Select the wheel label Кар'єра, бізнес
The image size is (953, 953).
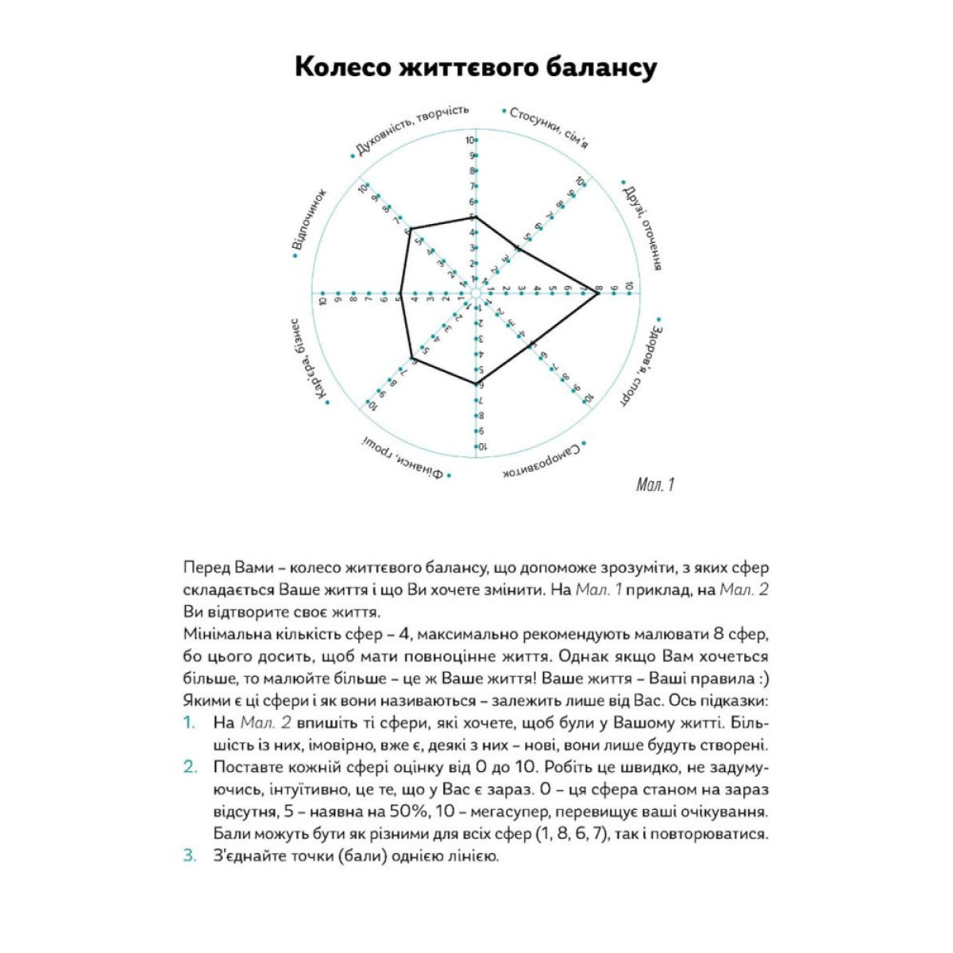tap(309, 361)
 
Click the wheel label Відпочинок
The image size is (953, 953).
tap(311, 221)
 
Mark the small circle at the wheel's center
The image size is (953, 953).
tap(476, 294)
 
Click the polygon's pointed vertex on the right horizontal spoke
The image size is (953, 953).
tap(597, 294)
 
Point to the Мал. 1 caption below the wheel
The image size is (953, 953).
tap(655, 484)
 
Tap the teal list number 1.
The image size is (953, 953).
tap(189, 723)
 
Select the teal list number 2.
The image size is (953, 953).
tap(190, 767)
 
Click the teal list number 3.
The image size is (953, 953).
tap(190, 856)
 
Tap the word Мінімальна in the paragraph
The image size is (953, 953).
tap(222, 635)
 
